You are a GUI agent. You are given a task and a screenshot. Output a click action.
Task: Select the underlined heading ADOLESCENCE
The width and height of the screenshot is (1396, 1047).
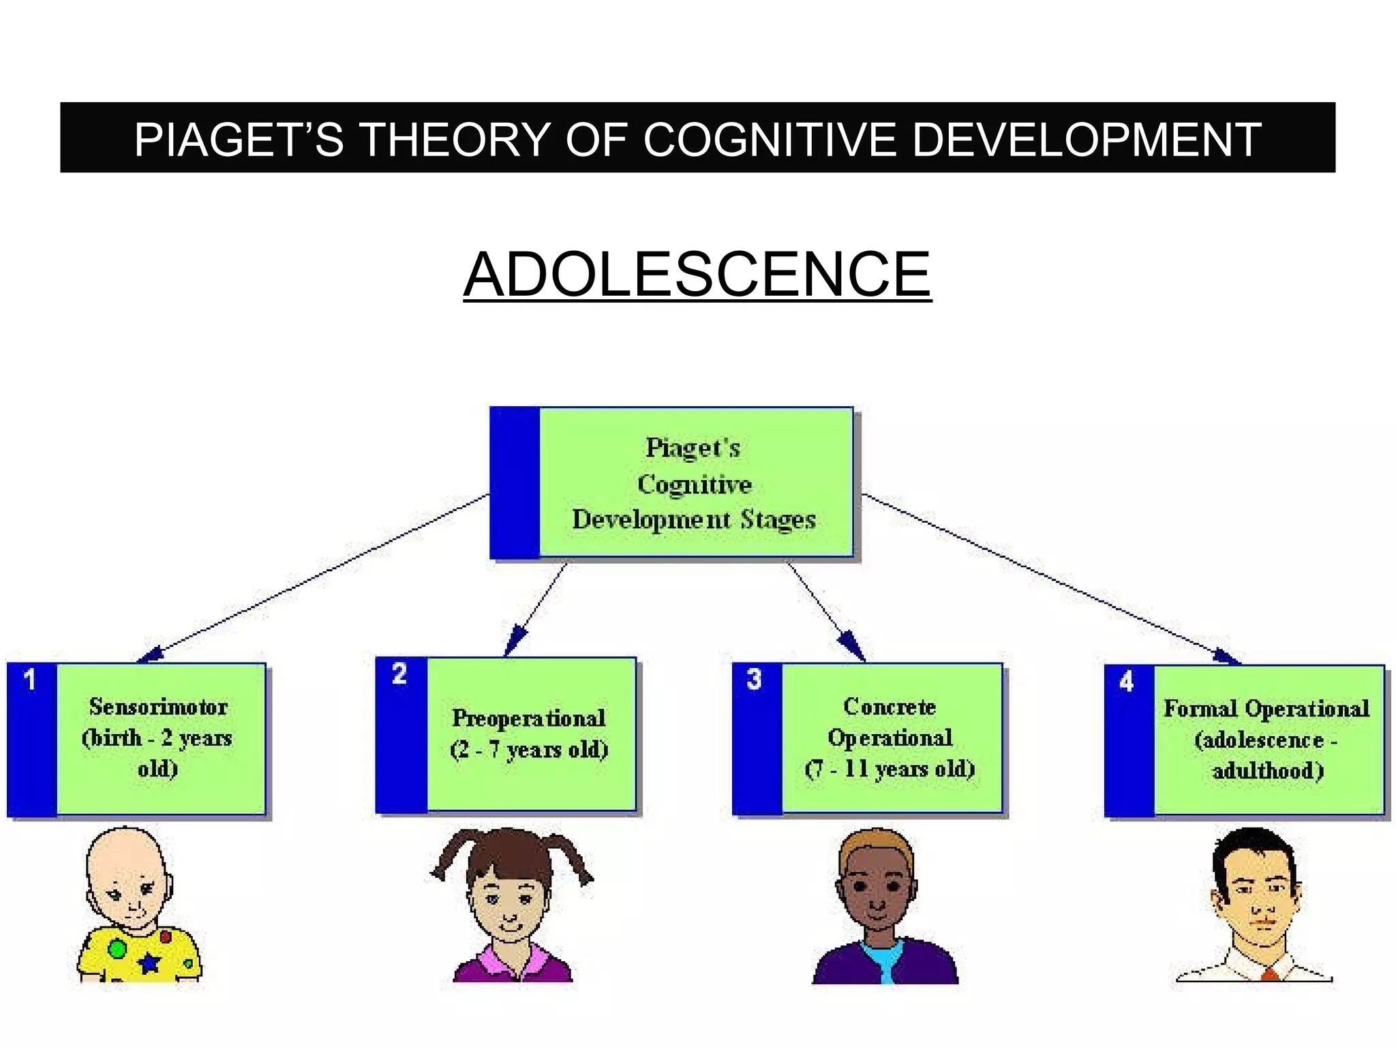tap(697, 274)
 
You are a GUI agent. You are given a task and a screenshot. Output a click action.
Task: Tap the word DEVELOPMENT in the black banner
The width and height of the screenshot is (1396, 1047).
tap(1086, 140)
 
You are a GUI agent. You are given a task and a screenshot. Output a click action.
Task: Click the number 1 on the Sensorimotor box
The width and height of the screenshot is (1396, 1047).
tap(29, 680)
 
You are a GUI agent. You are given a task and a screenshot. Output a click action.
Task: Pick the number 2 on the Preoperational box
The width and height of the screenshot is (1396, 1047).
tap(399, 674)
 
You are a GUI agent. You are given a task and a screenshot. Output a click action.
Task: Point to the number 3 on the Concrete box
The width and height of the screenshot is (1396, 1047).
tap(754, 679)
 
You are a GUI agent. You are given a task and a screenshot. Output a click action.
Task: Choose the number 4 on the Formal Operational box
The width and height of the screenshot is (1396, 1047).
tap(1126, 681)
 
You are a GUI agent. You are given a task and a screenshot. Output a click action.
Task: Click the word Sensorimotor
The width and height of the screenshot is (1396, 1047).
tap(158, 707)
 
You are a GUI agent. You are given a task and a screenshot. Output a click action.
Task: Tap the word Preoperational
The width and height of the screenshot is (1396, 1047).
tap(528, 718)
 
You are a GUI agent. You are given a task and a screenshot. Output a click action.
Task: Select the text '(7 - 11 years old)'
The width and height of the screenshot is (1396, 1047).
tap(890, 769)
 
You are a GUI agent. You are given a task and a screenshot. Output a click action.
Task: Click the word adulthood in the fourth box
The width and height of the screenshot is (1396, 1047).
tap(1267, 771)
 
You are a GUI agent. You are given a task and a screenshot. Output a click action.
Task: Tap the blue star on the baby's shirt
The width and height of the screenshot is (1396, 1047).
tap(149, 962)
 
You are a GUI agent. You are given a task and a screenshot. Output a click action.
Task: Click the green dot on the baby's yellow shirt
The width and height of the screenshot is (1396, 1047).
tap(117, 948)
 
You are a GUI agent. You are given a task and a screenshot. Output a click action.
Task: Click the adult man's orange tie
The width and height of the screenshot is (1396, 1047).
tap(1269, 974)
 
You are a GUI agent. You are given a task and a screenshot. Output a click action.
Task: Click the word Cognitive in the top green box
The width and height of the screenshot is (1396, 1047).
tap(694, 484)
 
